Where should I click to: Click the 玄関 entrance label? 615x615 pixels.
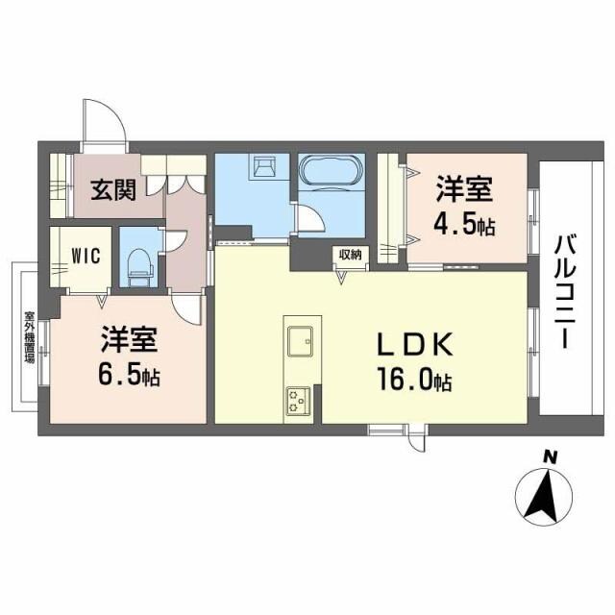click(112, 189)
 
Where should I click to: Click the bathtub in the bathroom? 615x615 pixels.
click(331, 176)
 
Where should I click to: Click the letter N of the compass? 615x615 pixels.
click(549, 456)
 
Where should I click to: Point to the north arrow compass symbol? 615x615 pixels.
click(544, 496)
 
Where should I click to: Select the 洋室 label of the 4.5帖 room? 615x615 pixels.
click(468, 187)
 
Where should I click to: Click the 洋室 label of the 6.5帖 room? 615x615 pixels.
click(126, 340)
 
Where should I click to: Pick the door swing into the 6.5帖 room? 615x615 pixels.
click(189, 307)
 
